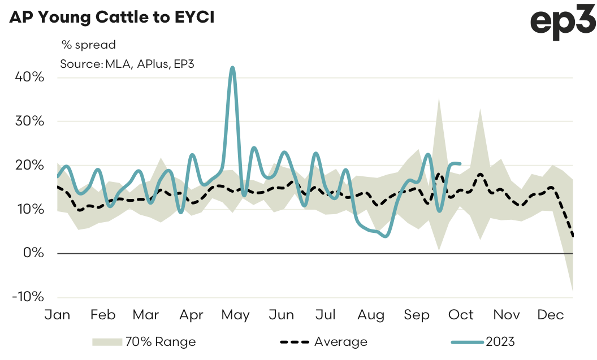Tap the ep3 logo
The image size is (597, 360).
(562, 23)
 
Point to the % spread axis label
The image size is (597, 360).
(88, 45)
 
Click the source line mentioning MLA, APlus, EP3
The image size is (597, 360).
(127, 63)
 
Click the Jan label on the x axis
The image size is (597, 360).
(58, 315)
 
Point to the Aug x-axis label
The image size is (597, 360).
(371, 315)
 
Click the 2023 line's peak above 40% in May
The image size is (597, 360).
(232, 68)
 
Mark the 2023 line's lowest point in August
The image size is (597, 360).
(385, 236)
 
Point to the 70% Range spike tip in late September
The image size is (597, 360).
(439, 98)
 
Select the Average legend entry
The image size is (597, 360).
(324, 342)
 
